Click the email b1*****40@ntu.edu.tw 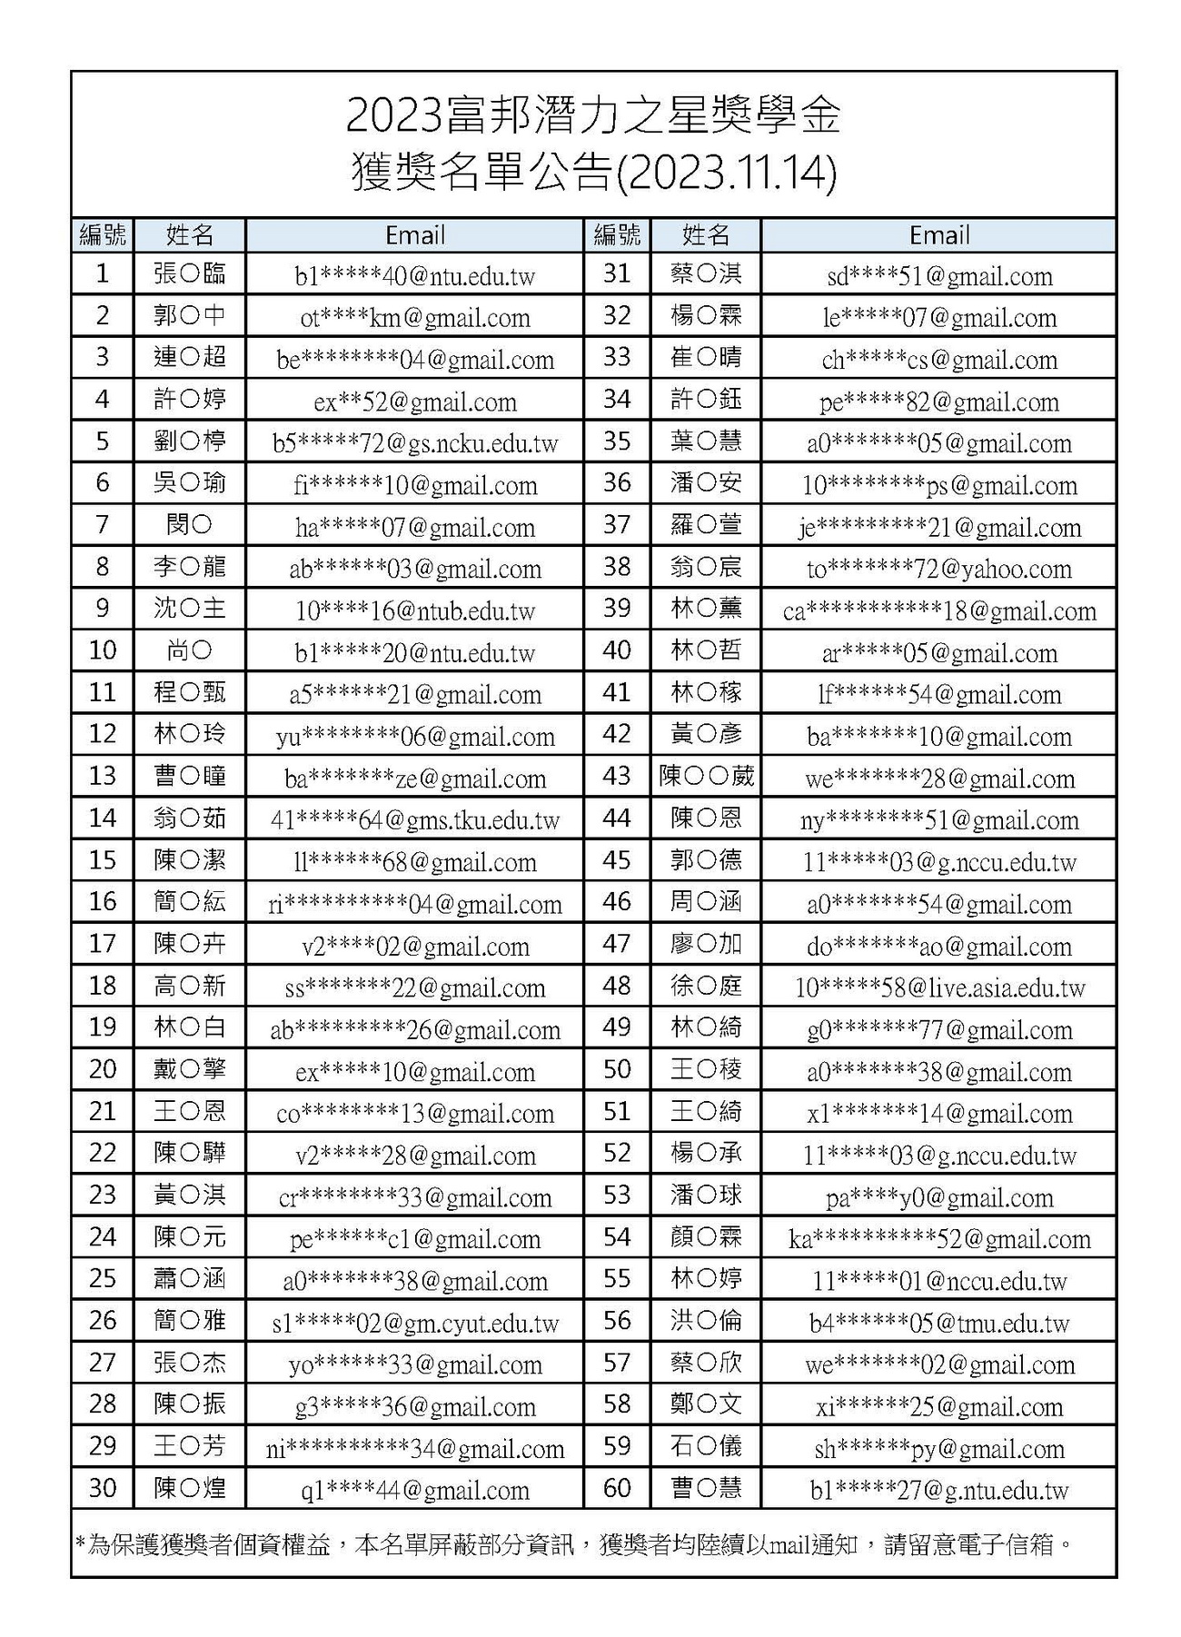(x=414, y=276)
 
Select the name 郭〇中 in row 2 (x=190, y=317)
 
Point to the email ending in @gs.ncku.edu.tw (x=414, y=443)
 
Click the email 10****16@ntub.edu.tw (x=414, y=611)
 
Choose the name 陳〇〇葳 (x=706, y=778)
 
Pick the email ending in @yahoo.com (x=938, y=570)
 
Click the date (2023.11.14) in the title (x=727, y=174)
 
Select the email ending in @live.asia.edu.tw (x=938, y=988)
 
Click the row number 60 (x=617, y=1488)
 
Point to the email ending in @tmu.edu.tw (x=938, y=1323)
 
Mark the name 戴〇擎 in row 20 (x=190, y=1070)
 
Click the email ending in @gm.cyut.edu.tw (x=414, y=1323)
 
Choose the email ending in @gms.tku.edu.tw (x=414, y=820)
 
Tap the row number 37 (x=617, y=525)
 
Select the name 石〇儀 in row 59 (x=706, y=1446)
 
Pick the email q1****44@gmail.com (x=414, y=1490)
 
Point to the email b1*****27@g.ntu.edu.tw (x=938, y=1490)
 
